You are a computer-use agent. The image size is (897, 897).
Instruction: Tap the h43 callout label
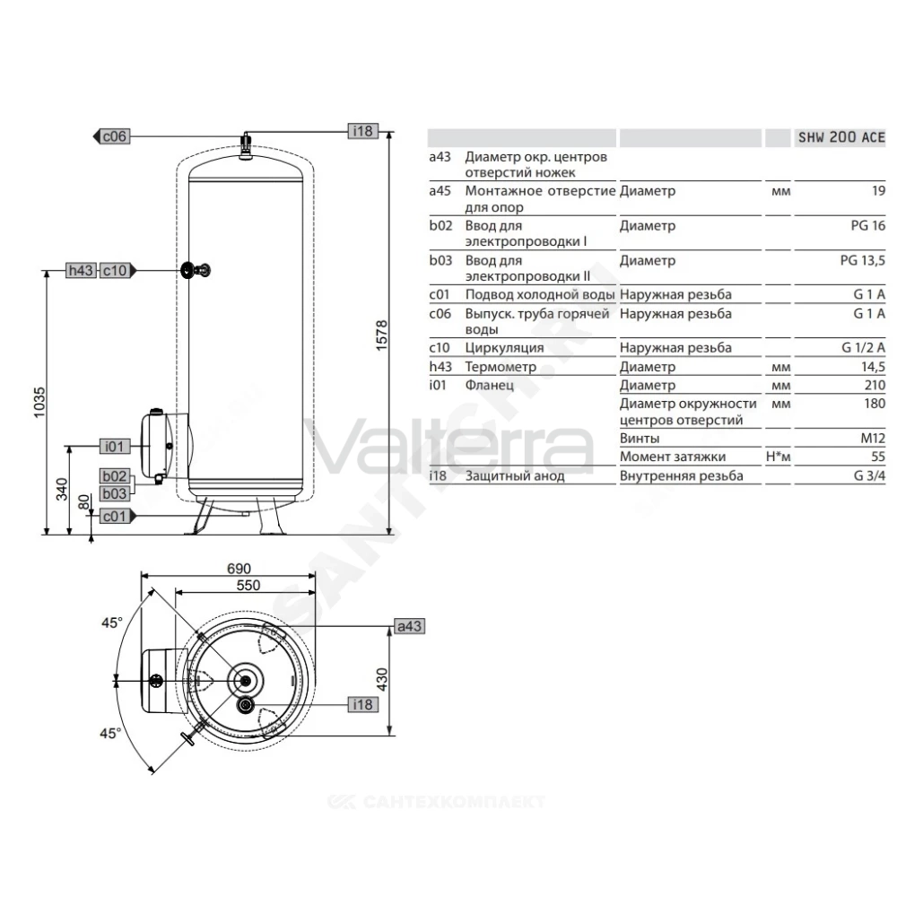81,270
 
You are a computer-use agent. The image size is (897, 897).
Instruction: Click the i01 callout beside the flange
115,446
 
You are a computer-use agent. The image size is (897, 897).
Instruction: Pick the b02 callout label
115,476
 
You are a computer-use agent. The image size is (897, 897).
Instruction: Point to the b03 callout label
115,493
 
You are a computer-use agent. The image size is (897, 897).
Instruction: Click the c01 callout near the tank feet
118,516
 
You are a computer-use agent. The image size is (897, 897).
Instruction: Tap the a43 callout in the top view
410,626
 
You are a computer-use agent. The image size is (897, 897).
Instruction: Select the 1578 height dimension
381,335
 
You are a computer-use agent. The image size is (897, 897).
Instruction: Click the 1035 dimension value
39,402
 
